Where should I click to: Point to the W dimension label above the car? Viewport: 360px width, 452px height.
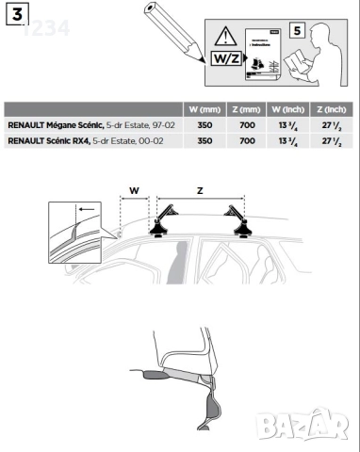click(133, 189)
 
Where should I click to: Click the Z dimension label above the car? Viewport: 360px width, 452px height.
click(200, 189)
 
